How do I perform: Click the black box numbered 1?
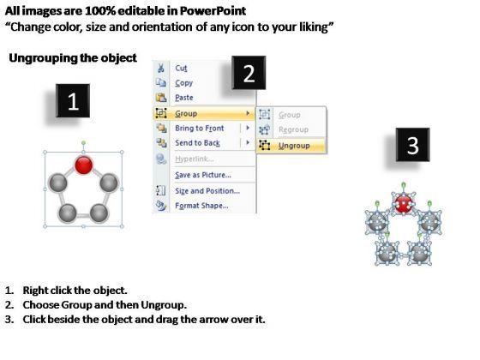[73, 101]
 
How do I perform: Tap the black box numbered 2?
[249, 73]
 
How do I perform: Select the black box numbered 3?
[412, 145]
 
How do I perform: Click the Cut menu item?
[181, 68]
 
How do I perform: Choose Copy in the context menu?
[184, 83]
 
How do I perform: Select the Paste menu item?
[184, 98]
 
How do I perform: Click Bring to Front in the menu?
[199, 129]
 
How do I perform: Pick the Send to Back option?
[197, 143]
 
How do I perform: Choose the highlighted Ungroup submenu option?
[294, 146]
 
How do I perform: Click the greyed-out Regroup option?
[293, 129]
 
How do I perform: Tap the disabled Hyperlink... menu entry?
[195, 159]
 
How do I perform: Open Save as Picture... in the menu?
[203, 175]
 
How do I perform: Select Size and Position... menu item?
[207, 191]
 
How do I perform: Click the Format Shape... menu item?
[201, 206]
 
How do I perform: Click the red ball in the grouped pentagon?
[84, 165]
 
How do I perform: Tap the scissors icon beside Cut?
[160, 68]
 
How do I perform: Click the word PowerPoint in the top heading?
[213, 11]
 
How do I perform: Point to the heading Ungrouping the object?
[73, 58]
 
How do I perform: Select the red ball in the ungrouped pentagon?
[404, 204]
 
